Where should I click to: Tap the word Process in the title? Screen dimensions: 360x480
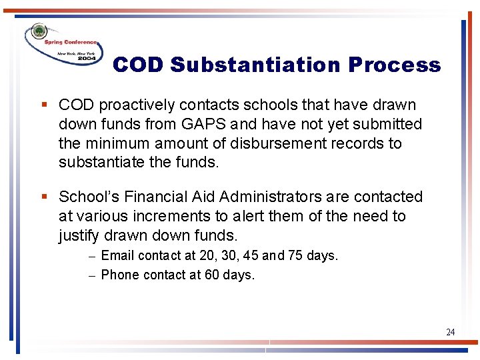(393, 65)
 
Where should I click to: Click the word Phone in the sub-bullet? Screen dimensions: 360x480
(119, 275)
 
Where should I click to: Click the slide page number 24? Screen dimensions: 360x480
(451, 332)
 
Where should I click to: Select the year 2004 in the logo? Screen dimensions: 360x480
(86, 59)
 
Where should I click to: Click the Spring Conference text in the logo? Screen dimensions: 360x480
(70, 42)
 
